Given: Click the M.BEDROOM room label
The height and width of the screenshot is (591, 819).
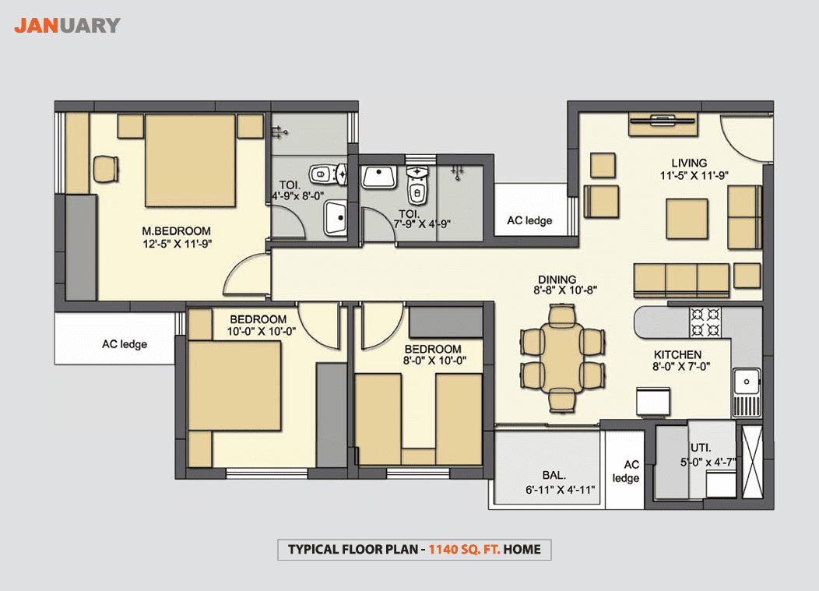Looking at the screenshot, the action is tap(177, 231).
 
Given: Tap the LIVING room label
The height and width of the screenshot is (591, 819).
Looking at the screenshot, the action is tap(689, 163).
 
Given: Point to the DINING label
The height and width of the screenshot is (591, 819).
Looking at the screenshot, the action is tap(557, 280).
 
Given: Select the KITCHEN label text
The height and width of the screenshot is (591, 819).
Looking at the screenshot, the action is tap(677, 355).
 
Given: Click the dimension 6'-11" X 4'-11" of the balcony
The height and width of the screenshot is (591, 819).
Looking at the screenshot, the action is tap(560, 490).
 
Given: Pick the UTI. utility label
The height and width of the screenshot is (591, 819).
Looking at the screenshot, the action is tap(701, 448).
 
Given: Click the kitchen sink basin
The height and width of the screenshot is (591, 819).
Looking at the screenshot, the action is tap(747, 382).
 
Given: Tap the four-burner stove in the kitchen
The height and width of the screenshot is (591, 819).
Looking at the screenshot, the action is tap(705, 322).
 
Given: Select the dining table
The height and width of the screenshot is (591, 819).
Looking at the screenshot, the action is tap(562, 357).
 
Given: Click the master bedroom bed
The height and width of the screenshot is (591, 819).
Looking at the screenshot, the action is tap(190, 160).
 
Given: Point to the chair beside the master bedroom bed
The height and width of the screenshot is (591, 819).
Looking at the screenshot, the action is tap(106, 169).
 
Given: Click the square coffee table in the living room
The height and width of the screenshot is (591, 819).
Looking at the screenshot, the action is tap(687, 219).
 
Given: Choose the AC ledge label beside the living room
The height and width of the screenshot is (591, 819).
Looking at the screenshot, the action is tap(529, 220).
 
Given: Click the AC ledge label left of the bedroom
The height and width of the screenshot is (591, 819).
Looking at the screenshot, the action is tap(125, 344).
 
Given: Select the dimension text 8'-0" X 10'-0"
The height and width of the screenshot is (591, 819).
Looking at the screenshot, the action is tap(434, 361).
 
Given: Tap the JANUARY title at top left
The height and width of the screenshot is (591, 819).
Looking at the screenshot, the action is tap(68, 26).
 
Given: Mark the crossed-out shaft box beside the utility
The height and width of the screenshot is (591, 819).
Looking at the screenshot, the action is tap(752, 463).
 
